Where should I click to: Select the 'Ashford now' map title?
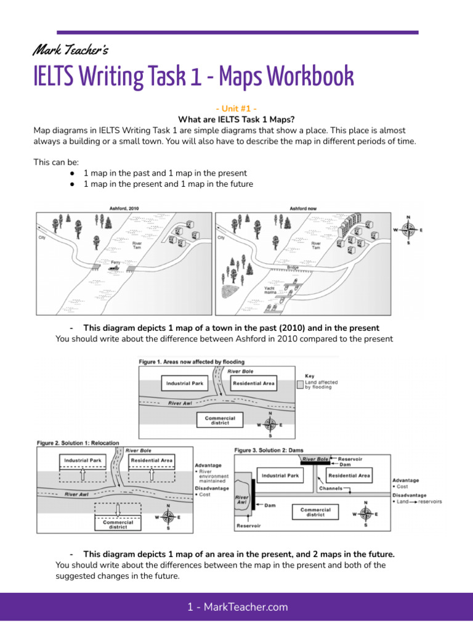(x=303, y=208)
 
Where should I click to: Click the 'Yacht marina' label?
(x=269, y=290)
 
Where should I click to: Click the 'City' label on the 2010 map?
(x=42, y=237)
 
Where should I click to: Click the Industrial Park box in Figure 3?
(x=280, y=475)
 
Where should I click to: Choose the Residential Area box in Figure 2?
(x=152, y=460)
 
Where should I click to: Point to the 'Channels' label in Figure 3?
(x=330, y=489)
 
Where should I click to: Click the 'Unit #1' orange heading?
(x=236, y=109)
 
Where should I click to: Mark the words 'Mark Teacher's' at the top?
(x=71, y=49)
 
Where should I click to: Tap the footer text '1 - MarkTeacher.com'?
(x=237, y=607)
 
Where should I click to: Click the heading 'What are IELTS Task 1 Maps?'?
(x=236, y=120)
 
